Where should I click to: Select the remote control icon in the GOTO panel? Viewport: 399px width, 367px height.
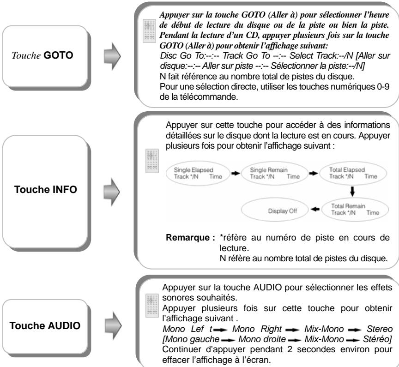click(x=148, y=32)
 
